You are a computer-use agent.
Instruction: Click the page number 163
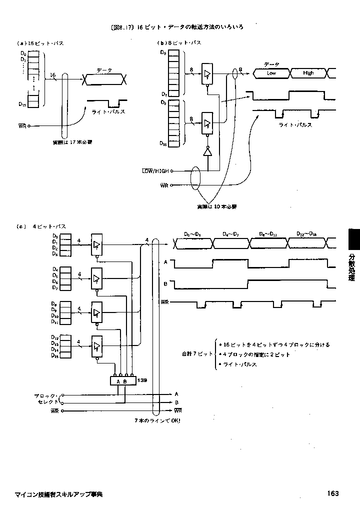pos(333,493)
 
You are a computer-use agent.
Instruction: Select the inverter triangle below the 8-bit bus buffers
pos(207,152)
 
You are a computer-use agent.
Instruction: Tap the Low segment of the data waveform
pos(271,73)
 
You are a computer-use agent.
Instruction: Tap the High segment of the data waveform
pos(308,73)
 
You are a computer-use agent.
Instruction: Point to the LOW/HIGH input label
pos(155,171)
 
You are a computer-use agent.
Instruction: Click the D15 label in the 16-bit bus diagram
pos(21,104)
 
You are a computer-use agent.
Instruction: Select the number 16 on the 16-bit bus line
pos(53,75)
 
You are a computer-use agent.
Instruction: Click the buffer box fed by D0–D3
pos(96,244)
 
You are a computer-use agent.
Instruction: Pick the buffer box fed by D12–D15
pos(96,346)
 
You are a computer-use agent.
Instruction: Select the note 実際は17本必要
pos(72,142)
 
